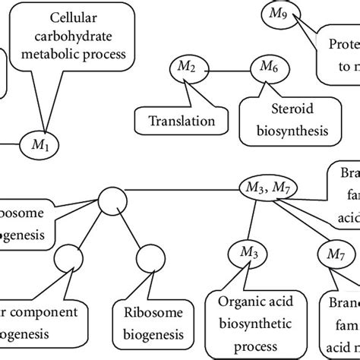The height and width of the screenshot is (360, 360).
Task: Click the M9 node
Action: coord(273,12)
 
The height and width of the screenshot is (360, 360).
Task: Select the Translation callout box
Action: coord(181,120)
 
